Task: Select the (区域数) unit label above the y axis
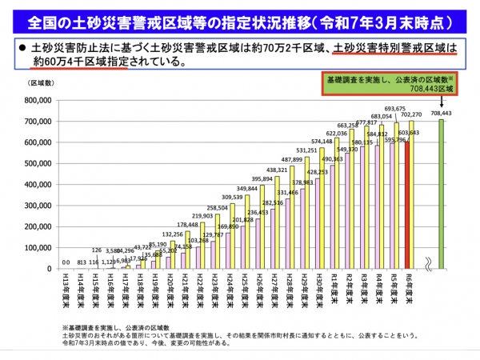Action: click(x=42, y=83)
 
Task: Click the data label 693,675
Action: click(x=394, y=108)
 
